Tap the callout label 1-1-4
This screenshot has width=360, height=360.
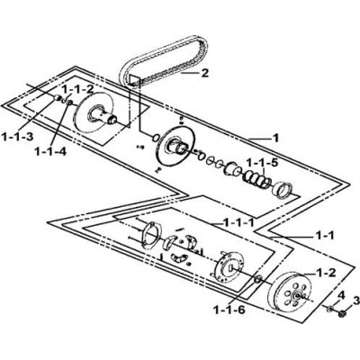[50, 152]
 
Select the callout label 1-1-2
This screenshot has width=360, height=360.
[78, 89]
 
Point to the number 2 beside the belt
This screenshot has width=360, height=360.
[204, 73]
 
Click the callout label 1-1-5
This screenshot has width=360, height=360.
[262, 163]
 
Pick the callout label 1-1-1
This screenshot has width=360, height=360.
[238, 222]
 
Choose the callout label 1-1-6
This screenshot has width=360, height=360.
[229, 310]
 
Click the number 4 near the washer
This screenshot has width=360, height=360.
[340, 294]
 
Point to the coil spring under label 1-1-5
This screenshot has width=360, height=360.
[256, 179]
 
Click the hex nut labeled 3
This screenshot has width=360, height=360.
[341, 314]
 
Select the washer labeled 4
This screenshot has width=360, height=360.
[330, 309]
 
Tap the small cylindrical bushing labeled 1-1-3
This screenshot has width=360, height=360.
[58, 97]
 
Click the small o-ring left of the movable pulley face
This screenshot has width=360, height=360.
[155, 137]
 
